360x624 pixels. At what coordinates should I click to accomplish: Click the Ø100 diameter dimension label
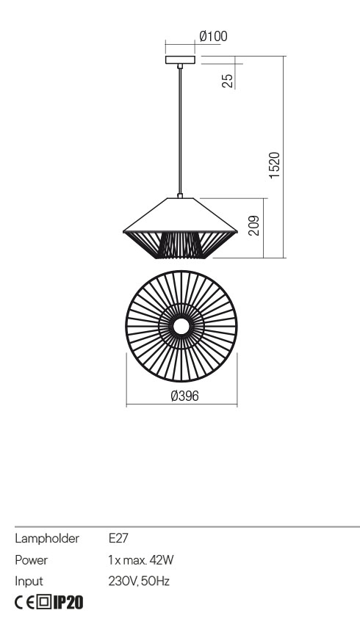[214, 37]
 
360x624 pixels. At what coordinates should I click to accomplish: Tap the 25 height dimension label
[228, 81]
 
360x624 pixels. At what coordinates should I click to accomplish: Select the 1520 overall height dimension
[275, 165]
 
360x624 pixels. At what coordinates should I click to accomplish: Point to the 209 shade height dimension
[253, 225]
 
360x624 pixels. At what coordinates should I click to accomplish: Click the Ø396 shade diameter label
[184, 396]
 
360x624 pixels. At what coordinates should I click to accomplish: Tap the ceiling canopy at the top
[181, 60]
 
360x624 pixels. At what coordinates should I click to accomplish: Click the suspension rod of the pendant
[181, 131]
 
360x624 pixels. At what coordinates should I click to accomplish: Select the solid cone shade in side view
[181, 215]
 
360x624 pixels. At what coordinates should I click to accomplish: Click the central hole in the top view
[181, 327]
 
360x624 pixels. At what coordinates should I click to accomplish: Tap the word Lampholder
[47, 538]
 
